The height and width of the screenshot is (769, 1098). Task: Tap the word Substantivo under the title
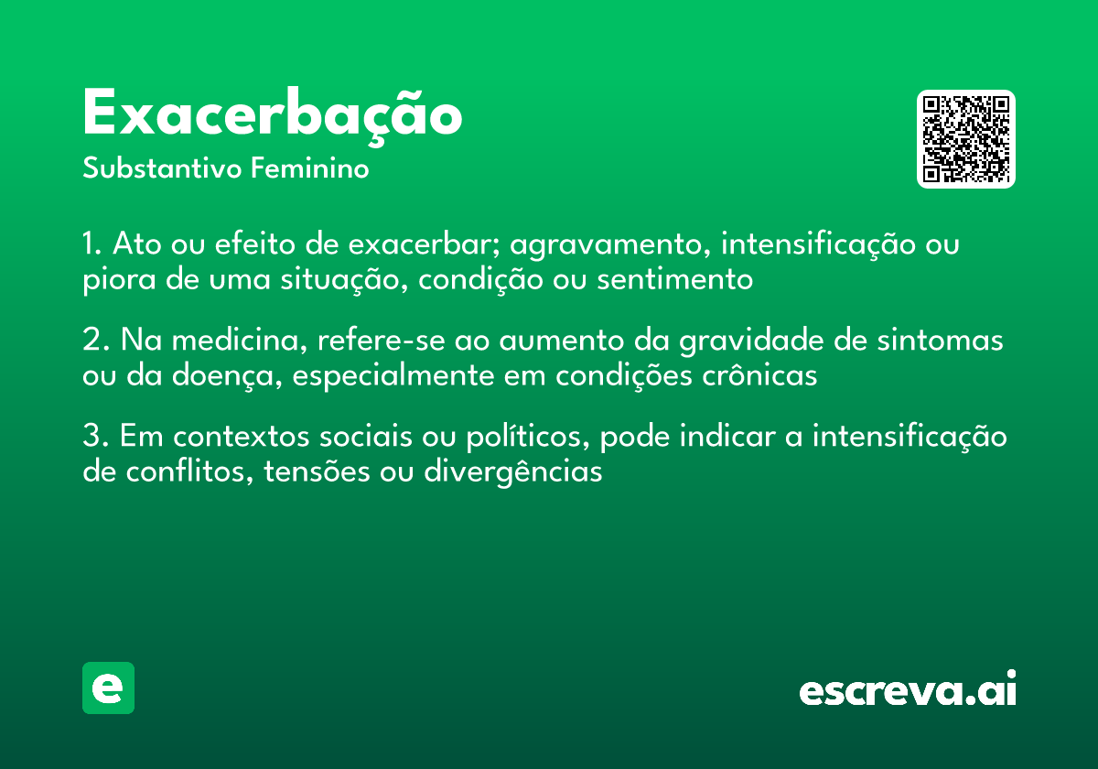(162, 168)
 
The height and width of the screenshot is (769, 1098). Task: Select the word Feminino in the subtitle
(310, 168)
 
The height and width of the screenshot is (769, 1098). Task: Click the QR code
(965, 139)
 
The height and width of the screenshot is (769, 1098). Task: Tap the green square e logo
(108, 688)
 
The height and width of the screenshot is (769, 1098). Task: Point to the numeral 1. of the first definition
(92, 244)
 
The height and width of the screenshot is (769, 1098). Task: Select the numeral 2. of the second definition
(96, 340)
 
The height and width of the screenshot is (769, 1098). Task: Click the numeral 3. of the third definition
(96, 436)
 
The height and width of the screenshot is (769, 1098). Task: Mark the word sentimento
(675, 279)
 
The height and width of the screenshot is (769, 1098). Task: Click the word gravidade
(751, 341)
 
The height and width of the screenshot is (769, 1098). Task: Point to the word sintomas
(941, 340)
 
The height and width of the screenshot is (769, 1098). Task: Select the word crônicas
(759, 375)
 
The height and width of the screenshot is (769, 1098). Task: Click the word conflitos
(190, 471)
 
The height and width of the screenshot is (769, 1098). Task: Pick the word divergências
(513, 472)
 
